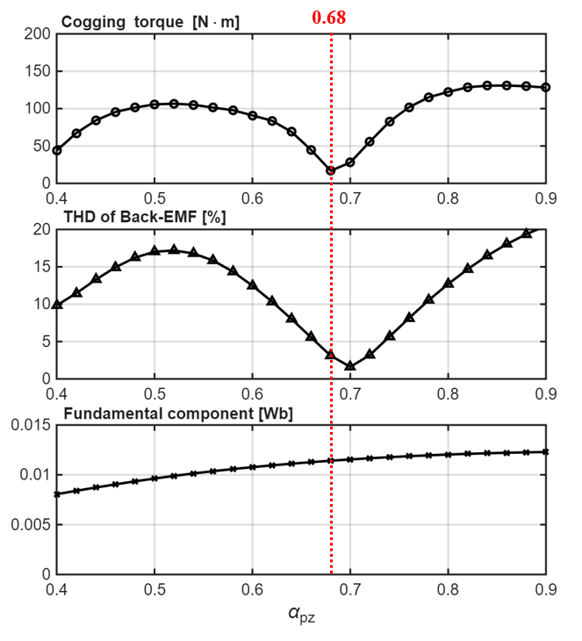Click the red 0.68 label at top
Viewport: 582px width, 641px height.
330,16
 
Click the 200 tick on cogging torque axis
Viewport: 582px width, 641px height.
36,34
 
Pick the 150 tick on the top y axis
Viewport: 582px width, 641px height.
36,71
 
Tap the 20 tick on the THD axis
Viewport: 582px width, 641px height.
40,229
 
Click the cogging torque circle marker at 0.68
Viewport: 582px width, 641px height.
331,171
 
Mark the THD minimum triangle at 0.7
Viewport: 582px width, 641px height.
350,366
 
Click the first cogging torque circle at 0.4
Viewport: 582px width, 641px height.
57,150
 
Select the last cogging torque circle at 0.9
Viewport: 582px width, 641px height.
546,87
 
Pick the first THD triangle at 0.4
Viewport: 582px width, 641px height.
57,305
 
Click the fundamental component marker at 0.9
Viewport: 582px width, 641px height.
546,452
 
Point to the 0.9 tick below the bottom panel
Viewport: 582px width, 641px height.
546,588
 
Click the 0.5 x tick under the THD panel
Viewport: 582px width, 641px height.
154,393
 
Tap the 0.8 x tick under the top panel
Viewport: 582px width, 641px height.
449,198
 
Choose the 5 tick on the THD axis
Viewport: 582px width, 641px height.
44,342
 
